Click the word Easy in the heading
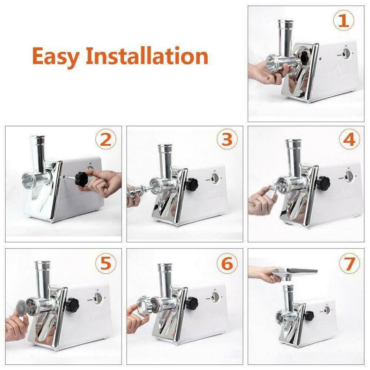coord(55,56)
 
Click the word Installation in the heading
coord(148,56)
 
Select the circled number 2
coord(105,139)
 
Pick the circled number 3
coord(227,139)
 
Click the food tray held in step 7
coord(296,273)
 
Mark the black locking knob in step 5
coord(71,304)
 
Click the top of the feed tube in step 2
coord(37,139)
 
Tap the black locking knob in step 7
coord(309,315)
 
